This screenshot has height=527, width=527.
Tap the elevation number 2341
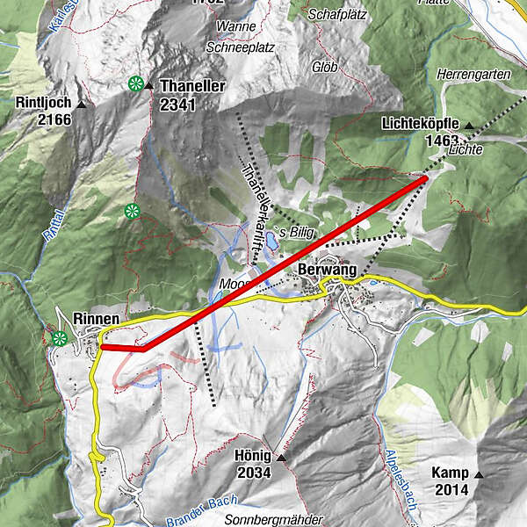(178, 104)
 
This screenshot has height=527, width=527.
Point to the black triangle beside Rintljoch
(82, 104)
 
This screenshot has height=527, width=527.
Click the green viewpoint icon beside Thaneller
(135, 84)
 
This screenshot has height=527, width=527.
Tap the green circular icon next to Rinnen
(60, 338)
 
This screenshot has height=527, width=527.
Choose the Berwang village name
(327, 270)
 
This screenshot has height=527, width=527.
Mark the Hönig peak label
(255, 458)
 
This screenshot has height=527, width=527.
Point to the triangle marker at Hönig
(281, 458)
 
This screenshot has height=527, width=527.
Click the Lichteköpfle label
(420, 125)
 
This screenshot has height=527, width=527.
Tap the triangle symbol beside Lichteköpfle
(468, 126)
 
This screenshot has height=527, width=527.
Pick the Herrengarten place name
(478, 76)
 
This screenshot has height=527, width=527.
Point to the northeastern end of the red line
(426, 178)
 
